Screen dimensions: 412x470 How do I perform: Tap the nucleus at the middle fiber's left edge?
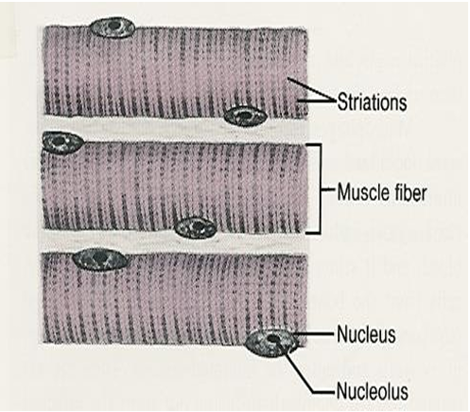(x=62, y=142)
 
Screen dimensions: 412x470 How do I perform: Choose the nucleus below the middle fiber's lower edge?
(x=195, y=227)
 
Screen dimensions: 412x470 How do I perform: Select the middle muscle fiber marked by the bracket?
(x=170, y=185)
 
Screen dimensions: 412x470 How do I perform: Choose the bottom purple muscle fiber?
(x=170, y=303)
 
